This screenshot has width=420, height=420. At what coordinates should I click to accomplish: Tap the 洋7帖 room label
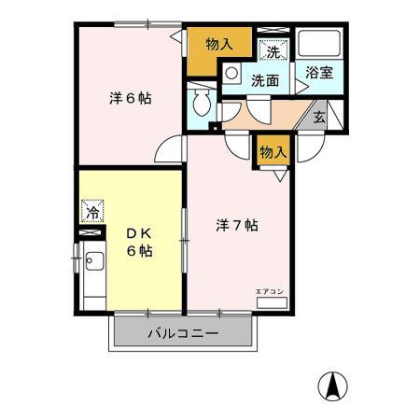[237, 225]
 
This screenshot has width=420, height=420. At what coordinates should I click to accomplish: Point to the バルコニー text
[182, 333]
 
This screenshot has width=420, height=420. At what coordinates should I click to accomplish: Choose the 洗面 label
[265, 80]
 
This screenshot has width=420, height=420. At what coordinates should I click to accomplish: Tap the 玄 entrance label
[319, 118]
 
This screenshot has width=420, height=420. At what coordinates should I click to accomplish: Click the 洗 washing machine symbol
[274, 51]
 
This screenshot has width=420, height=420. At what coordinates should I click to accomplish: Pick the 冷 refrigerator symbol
[92, 212]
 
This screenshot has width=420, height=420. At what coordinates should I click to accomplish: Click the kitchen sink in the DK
[94, 261]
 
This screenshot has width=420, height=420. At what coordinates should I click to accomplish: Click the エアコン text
[270, 292]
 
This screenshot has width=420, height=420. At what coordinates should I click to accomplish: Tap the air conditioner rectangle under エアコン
[270, 302]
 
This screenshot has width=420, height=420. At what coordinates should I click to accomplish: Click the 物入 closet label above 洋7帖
[272, 151]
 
